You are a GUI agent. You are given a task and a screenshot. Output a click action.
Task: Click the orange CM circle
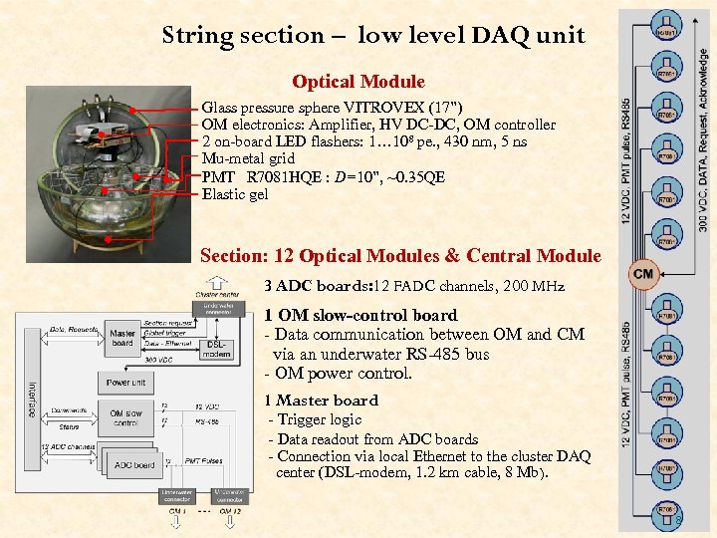[x=642, y=273]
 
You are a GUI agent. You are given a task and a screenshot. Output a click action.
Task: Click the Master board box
[x=123, y=339]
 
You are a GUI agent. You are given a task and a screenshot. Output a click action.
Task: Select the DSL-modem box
[x=216, y=347]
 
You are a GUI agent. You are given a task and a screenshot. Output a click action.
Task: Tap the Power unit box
[x=126, y=382]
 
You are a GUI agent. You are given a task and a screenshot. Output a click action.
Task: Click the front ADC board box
[x=134, y=464]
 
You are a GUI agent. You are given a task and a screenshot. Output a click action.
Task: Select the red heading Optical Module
[x=358, y=82]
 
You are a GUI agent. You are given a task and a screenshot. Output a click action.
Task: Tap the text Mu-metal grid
[x=248, y=158]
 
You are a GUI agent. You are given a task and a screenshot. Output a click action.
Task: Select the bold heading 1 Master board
[x=321, y=401]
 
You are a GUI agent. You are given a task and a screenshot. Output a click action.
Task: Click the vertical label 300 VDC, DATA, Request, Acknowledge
[x=703, y=130]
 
